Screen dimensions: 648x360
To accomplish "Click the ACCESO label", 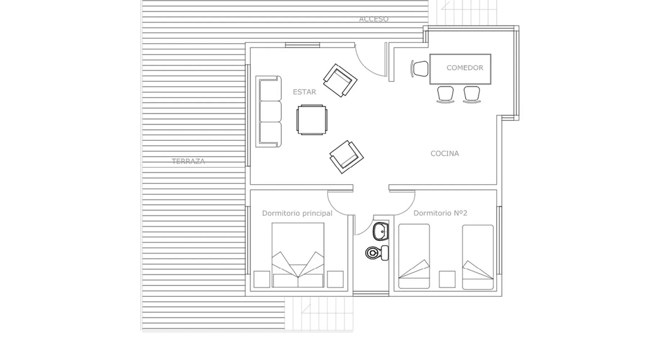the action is pyautogui.click(x=374, y=19).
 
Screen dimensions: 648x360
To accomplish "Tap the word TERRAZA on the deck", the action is pyautogui.click(x=188, y=161).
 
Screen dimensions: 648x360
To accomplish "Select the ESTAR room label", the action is pyautogui.click(x=304, y=92).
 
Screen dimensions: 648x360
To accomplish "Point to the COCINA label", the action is pyautogui.click(x=445, y=153).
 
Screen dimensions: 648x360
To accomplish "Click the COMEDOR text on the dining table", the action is pyautogui.click(x=465, y=68).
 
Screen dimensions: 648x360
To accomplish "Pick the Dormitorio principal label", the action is pyautogui.click(x=297, y=213).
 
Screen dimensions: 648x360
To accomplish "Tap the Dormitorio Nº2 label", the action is pyautogui.click(x=440, y=213).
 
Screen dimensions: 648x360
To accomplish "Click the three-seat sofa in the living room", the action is pyautogui.click(x=268, y=111).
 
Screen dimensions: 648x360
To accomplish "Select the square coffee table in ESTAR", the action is pyautogui.click(x=312, y=120).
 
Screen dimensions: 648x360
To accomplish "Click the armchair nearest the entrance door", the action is pyautogui.click(x=340, y=80).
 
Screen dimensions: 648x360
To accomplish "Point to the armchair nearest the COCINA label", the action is pyautogui.click(x=346, y=157).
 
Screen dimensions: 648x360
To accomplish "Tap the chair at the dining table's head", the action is pyautogui.click(x=420, y=68).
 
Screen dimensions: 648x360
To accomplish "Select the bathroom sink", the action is pyautogui.click(x=381, y=231).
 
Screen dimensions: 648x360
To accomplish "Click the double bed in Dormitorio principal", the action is pyautogui.click(x=298, y=255).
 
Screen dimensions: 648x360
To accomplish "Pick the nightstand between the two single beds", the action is pyautogui.click(x=447, y=279).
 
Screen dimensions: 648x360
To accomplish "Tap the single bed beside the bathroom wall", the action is pyautogui.click(x=414, y=256).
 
